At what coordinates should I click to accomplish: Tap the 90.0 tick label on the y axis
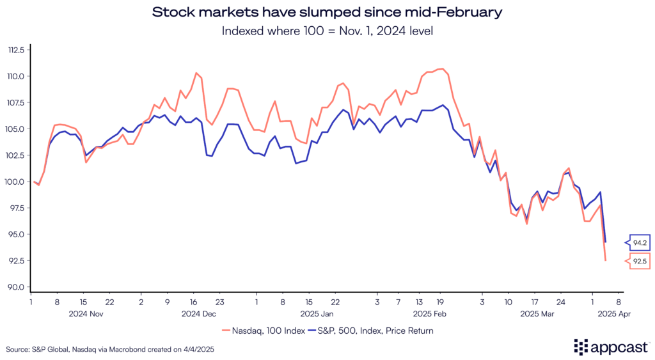point(16,287)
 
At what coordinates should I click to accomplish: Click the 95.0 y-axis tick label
point(16,235)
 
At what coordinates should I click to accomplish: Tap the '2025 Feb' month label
point(430,314)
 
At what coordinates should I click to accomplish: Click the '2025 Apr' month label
point(615,314)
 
